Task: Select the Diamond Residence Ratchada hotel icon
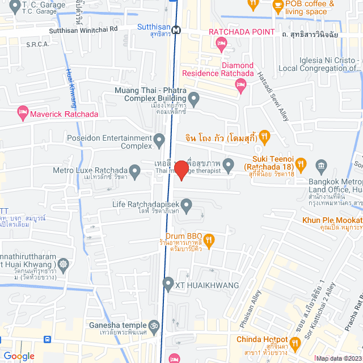point(240,85)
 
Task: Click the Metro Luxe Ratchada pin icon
point(134,170)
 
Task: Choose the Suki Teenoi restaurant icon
point(302,164)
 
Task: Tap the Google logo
point(19,356)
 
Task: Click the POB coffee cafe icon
point(277,6)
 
